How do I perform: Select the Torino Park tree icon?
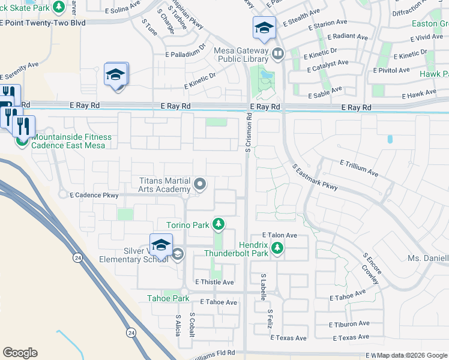(x=219, y=225)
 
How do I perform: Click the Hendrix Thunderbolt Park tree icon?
(x=277, y=247)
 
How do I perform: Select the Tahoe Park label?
(x=169, y=298)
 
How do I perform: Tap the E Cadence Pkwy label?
(x=94, y=195)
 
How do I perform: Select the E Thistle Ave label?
(x=214, y=281)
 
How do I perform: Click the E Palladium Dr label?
(x=186, y=54)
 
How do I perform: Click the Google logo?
(x=20, y=353)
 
